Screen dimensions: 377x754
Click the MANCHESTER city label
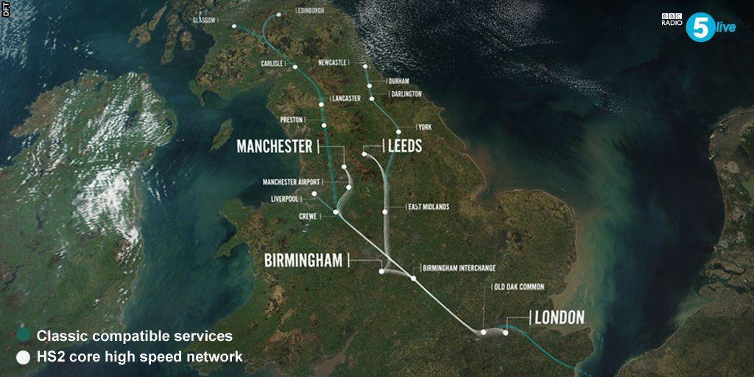[274, 147]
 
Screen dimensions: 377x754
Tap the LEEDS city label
[404, 147]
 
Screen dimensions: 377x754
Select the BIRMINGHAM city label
[303, 260]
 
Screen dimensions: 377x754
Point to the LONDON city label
[559, 318]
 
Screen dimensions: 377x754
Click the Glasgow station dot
[234, 27]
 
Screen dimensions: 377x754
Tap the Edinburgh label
[311, 11]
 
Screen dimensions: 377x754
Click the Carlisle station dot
[295, 67]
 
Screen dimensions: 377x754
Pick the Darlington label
[406, 94]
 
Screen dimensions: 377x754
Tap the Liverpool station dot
[314, 194]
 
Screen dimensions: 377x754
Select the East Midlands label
[429, 207]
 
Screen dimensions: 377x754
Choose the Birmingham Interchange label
[459, 267]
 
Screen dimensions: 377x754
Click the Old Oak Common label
[519, 286]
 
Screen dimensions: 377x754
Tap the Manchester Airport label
[295, 182]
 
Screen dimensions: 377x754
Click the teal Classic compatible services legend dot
[24, 336]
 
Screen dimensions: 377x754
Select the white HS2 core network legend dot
[24, 357]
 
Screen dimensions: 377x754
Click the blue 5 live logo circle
[700, 27]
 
